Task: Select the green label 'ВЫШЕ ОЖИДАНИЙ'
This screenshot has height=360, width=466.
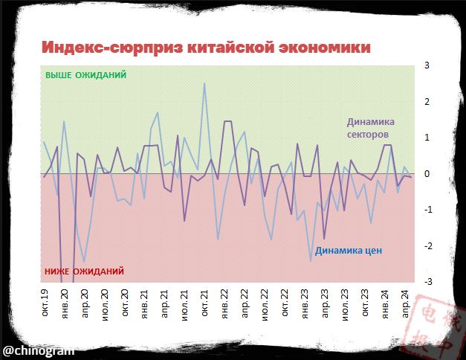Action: pos(86,75)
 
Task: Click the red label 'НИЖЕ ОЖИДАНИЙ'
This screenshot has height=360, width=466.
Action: pos(84,271)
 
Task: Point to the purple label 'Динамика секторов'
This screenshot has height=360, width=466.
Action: pos(370,128)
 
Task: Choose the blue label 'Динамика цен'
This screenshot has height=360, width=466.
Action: pos(349,251)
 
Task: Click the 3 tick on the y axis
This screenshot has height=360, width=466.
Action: pos(427,65)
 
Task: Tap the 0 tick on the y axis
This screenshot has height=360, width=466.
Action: pos(427,174)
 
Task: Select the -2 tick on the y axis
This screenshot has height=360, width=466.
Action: pos(426,246)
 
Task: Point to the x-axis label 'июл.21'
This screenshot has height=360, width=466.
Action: pos(185,306)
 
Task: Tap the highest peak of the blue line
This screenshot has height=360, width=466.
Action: pos(204,83)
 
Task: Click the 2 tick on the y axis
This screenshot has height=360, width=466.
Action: pos(427,102)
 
